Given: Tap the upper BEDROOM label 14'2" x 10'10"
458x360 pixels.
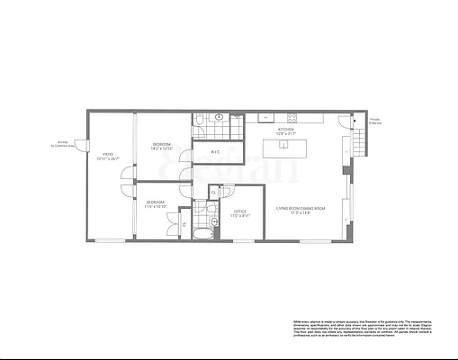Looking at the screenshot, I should point(162,146).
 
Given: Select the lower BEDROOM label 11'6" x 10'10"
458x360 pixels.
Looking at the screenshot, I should point(157,205).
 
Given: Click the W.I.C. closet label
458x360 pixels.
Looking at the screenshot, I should point(216,152).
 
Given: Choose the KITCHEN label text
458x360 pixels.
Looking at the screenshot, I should point(286,131).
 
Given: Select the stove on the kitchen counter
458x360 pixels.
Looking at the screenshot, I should point(292,118).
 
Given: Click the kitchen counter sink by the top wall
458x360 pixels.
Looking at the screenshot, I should point(265,118).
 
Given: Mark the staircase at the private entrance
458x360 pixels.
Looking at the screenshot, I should point(360,139).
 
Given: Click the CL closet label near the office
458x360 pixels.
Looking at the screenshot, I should point(212,192).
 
